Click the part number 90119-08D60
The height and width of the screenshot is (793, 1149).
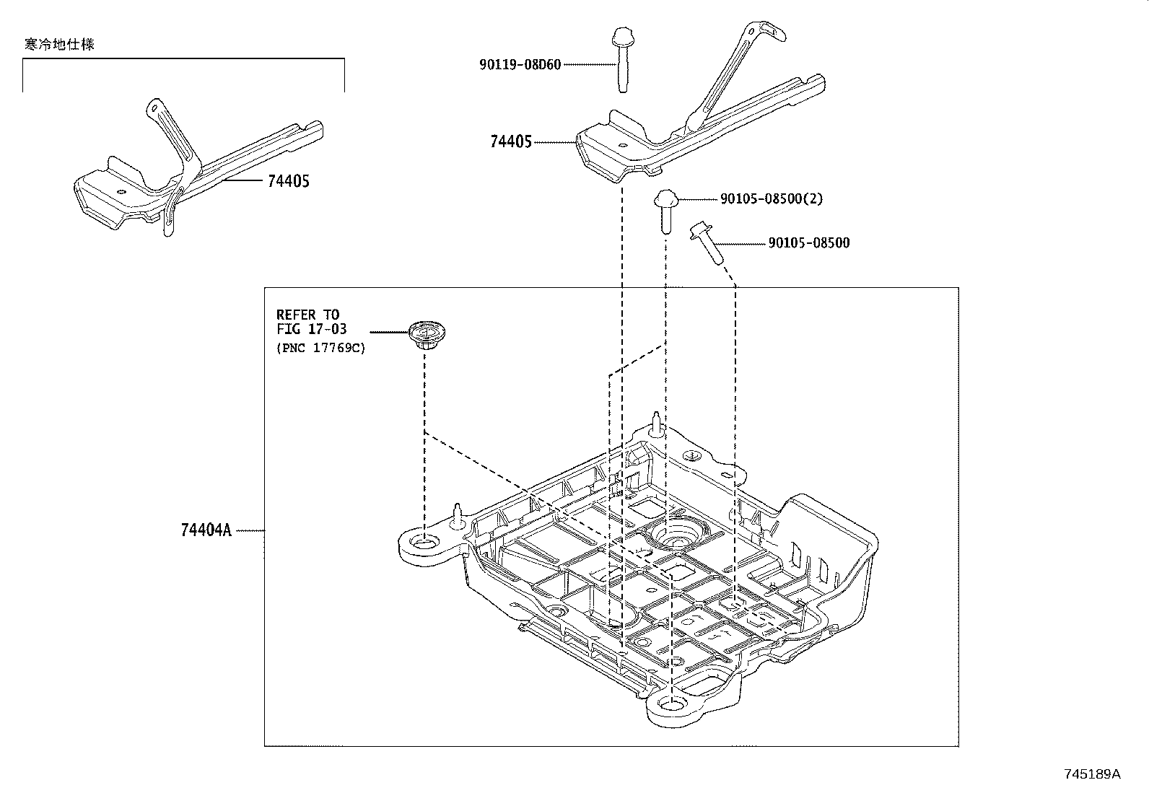(519, 64)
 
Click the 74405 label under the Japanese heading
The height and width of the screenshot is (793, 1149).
(288, 182)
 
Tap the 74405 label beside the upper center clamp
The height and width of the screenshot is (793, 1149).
(510, 142)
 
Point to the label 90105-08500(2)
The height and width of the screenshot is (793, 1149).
(772, 198)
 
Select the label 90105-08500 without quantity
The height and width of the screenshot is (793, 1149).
(808, 243)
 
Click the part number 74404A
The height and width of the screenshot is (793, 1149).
(206, 530)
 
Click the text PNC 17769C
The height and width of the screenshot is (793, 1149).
(321, 348)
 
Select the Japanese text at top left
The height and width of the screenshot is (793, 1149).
(58, 44)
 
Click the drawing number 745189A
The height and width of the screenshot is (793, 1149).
(1093, 774)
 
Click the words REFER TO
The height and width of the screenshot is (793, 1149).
(307, 315)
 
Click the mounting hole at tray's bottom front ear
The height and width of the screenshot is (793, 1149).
(672, 706)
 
